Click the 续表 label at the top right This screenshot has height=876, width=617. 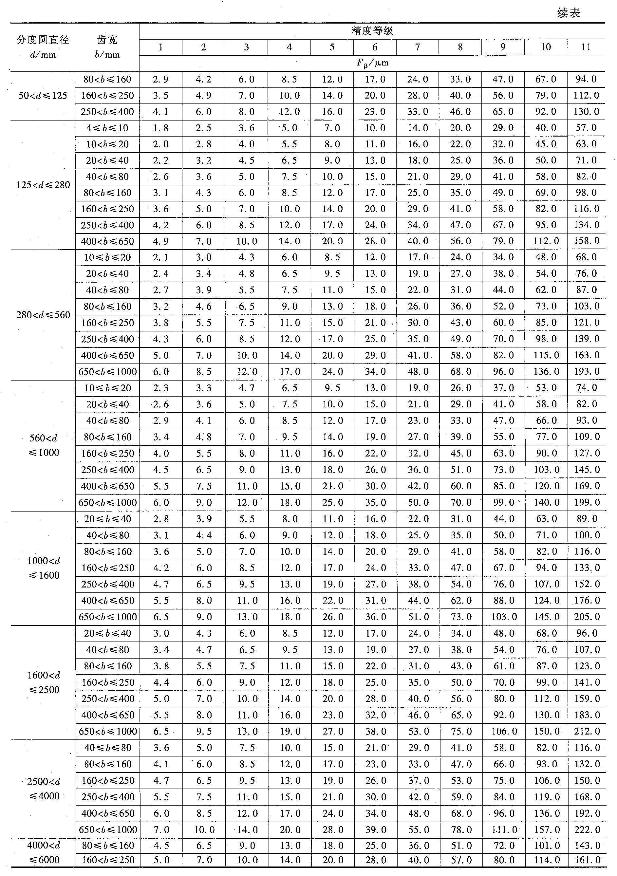click(x=569, y=13)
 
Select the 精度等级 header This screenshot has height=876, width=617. click(x=372, y=31)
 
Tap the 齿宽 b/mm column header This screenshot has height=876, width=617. click(x=107, y=47)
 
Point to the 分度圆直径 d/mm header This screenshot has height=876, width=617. click(x=43, y=47)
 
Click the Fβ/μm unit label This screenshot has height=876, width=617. click(x=372, y=63)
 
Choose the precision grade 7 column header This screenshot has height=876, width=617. click(x=418, y=47)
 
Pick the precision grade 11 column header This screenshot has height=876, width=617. click(x=586, y=47)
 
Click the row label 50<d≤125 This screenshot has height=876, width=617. click(x=43, y=95)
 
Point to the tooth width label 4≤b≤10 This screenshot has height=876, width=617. click(x=107, y=128)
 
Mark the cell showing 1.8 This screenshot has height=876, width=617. click(x=161, y=128)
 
